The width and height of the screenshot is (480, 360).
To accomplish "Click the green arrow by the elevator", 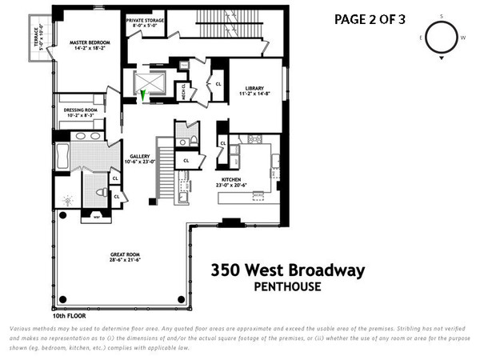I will [143, 97].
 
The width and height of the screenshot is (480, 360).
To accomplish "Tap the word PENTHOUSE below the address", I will [287, 286].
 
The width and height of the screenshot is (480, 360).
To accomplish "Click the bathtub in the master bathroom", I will [62, 156].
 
